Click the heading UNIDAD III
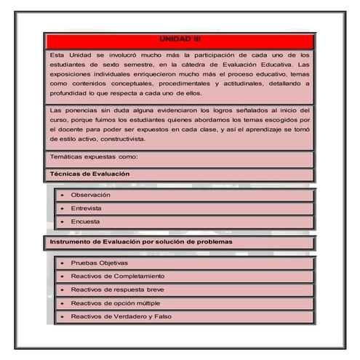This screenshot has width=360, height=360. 179,39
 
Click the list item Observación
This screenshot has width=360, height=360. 90,195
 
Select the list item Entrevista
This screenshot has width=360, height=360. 86,208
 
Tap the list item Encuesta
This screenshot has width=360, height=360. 85,221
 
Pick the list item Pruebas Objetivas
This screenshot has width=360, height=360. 99,263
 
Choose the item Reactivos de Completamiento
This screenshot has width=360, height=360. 117,276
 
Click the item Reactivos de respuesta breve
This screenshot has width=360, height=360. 119,289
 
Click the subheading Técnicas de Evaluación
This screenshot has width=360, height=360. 89,175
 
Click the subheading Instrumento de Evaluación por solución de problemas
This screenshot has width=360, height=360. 140,241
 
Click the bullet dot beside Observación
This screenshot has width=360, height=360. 62,196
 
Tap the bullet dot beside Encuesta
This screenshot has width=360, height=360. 62,222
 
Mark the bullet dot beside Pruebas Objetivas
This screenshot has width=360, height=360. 62,263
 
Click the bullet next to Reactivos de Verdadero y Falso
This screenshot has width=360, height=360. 62,317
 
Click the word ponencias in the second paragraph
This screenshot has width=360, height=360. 78,110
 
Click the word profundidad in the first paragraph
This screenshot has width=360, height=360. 71,93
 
